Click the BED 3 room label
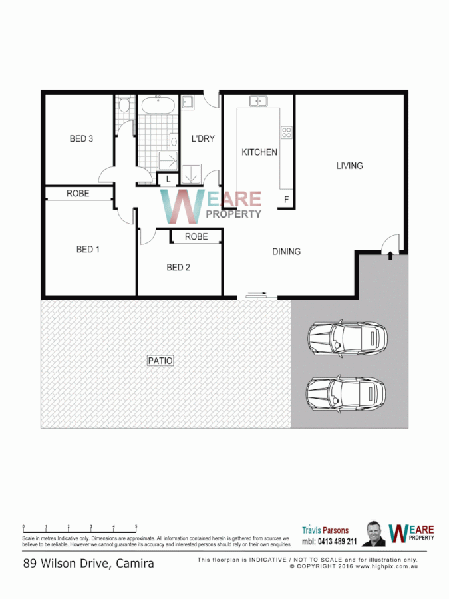coord(81,139)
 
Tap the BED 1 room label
coord(88,250)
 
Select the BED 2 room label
coord(178,268)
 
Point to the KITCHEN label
coord(259,152)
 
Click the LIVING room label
coord(349,166)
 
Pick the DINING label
coord(286,252)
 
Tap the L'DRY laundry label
coord(202,139)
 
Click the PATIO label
coord(160,361)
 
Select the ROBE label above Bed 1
coord(77,194)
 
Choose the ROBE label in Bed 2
coord(196,236)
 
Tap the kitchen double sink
coord(258,101)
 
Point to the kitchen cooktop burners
coord(287,132)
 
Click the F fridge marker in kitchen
coord(286,199)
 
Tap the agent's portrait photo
coord(373,534)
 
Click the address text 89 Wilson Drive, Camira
coord(88,564)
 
